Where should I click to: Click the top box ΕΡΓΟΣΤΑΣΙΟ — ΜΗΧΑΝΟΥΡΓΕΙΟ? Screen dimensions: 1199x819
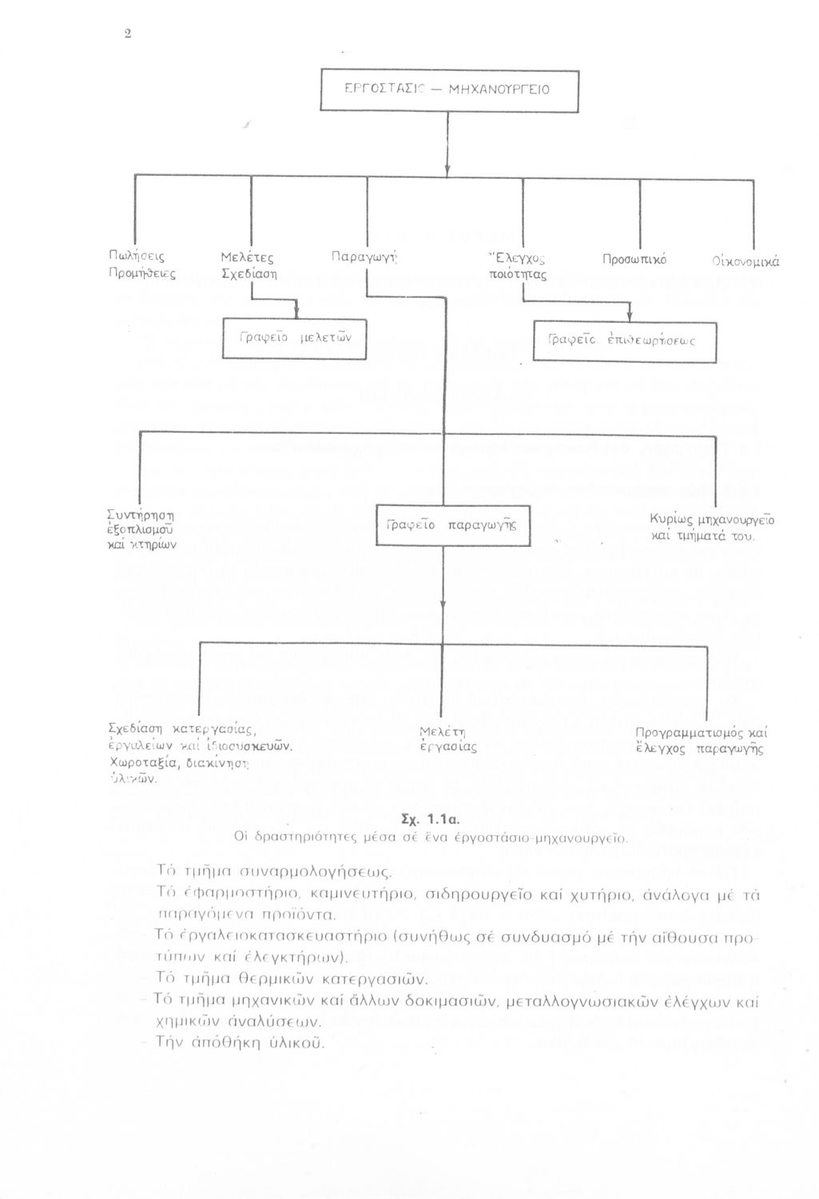(448, 90)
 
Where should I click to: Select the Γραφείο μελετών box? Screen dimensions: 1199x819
(294, 339)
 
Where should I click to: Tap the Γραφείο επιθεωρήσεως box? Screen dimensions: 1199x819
(624, 341)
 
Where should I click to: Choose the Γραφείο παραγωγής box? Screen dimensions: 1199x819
(453, 525)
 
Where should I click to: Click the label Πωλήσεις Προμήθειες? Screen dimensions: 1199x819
(141, 265)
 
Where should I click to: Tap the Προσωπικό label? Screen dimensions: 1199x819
(634, 260)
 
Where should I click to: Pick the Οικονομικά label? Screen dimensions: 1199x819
(746, 261)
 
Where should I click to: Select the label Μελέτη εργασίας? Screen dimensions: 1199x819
(447, 739)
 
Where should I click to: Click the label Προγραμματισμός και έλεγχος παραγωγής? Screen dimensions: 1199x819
(700, 741)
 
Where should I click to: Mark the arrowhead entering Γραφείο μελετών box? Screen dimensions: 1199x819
(296, 313)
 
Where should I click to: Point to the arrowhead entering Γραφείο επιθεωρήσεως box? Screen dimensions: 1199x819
(630, 316)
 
